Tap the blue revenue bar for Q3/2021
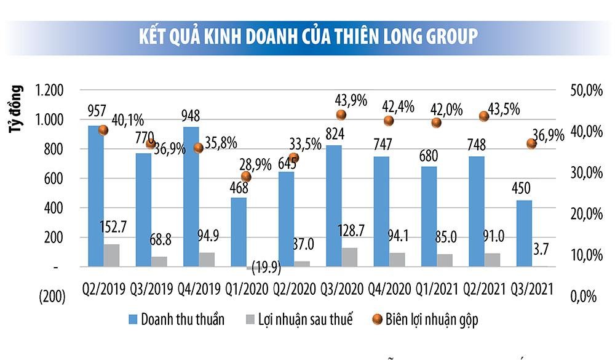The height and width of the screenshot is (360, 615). [524, 234]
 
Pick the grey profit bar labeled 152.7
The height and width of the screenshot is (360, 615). [112, 255]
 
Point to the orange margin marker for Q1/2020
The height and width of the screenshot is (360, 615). [246, 177]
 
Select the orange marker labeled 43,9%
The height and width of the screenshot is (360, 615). [341, 115]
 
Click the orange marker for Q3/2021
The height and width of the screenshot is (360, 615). [532, 143]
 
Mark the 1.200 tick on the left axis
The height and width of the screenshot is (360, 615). [50, 90]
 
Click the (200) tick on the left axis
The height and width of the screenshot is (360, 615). [52, 297]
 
